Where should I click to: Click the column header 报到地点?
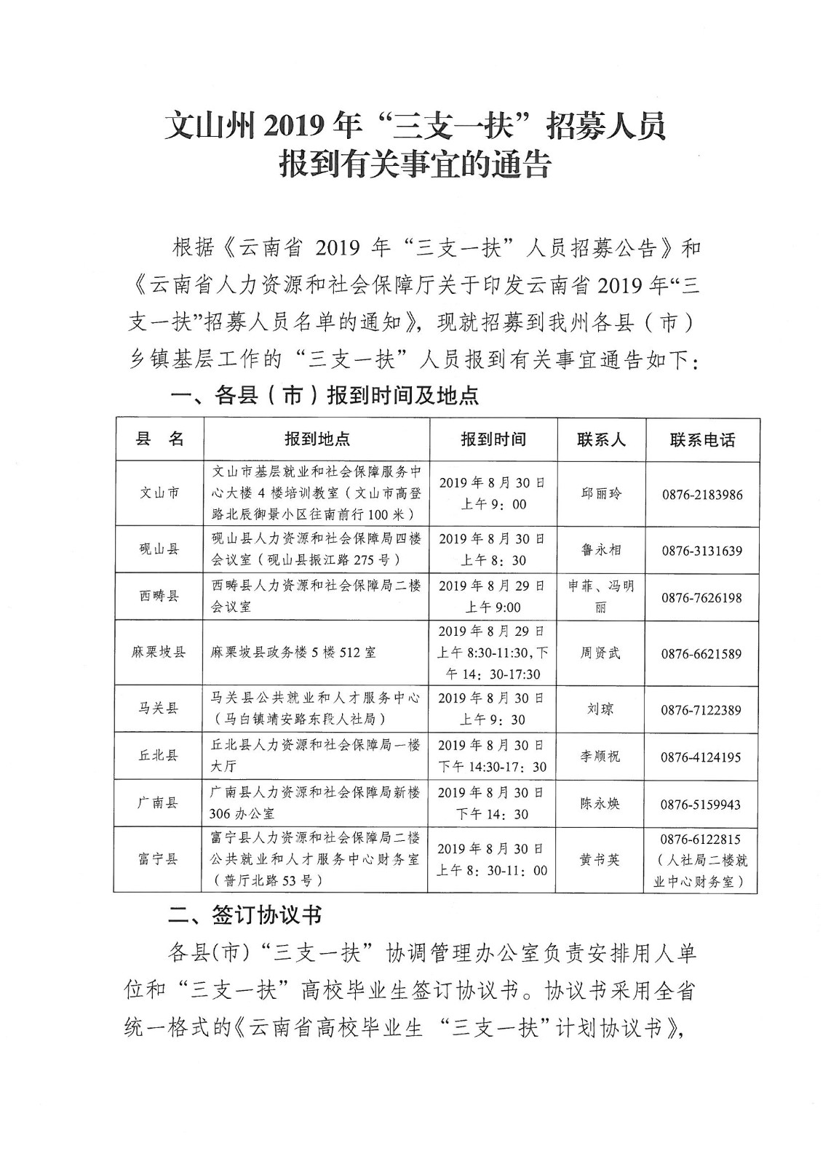click(317, 439)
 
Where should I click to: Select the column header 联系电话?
click(701, 439)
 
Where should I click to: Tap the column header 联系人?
click(600, 439)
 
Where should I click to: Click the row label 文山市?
click(159, 493)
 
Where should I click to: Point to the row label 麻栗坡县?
click(159, 653)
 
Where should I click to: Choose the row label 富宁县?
click(159, 859)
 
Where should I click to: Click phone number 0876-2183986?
click(701, 495)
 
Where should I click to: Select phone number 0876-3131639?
click(701, 551)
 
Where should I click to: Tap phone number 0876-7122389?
click(701, 709)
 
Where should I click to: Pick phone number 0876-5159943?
click(701, 805)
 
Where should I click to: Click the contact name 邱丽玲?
click(600, 493)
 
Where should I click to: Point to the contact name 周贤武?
click(600, 653)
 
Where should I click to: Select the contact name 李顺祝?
click(600, 757)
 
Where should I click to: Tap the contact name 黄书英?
click(600, 860)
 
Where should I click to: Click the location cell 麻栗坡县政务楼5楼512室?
click(293, 653)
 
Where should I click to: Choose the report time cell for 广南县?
click(492, 803)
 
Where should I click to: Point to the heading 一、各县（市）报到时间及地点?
click(324, 395)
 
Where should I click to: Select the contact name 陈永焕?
click(600, 804)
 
